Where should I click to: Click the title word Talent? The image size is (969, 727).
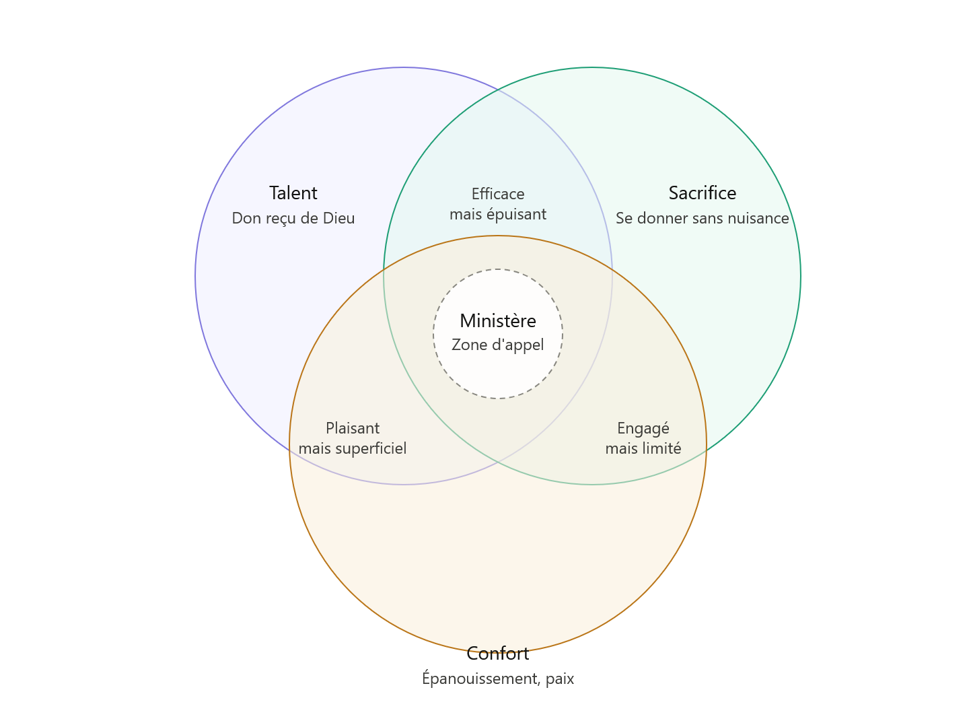[293, 193]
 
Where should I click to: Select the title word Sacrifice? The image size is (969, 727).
[702, 193]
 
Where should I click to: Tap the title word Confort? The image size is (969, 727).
[497, 654]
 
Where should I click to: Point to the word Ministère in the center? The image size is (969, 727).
[497, 321]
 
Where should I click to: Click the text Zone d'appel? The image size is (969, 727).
[497, 345]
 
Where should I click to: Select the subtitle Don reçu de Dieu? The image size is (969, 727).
[293, 219]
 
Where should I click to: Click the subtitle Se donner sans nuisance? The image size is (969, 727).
[702, 218]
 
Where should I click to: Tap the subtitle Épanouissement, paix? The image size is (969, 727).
[497, 678]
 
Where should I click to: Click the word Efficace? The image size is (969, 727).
[497, 194]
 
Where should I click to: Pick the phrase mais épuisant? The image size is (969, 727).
[497, 215]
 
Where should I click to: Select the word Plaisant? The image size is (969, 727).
[353, 428]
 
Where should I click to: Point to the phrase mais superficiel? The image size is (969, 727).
[353, 449]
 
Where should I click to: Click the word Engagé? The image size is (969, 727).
[643, 429]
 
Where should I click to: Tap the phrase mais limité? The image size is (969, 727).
[643, 448]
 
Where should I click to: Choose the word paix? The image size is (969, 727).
[559, 679]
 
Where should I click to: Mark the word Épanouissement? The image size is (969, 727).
[480, 678]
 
